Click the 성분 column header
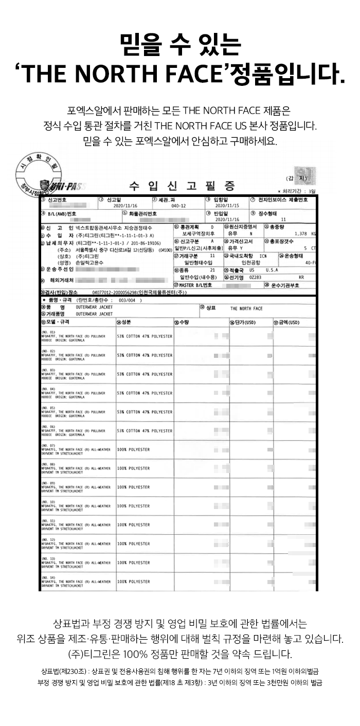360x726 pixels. [x=124, y=322]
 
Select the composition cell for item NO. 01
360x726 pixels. [x=145, y=336]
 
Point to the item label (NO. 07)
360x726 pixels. [x=48, y=445]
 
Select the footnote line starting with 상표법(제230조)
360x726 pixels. [x=179, y=671]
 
